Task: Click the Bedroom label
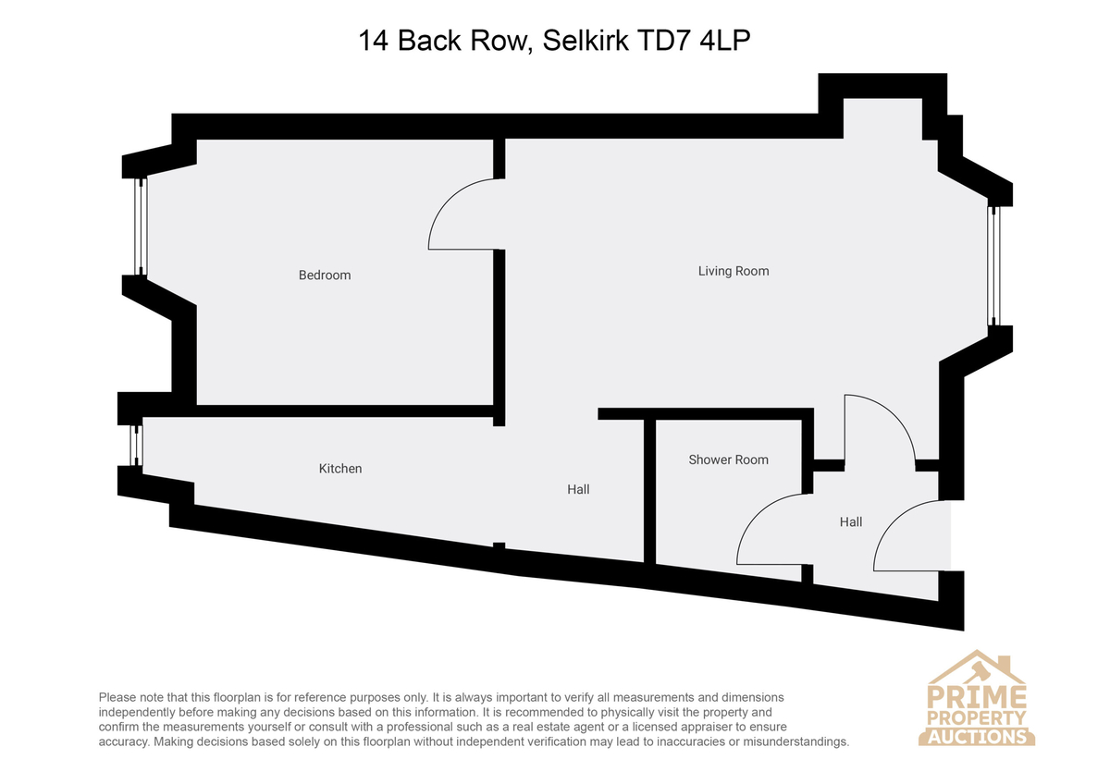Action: (x=325, y=275)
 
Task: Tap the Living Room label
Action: (x=734, y=271)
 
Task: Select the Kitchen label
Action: (x=340, y=469)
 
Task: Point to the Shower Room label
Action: (x=729, y=459)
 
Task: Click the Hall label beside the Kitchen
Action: (x=578, y=489)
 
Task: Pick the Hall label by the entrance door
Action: (x=851, y=521)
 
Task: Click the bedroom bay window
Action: (x=142, y=226)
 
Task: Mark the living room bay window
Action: (x=993, y=266)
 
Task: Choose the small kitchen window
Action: (x=137, y=446)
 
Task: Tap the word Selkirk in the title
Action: (x=585, y=41)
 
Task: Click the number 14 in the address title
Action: (x=373, y=41)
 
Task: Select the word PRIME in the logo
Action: (x=976, y=696)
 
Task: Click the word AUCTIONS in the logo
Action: (x=977, y=737)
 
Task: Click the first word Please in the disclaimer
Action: (x=117, y=698)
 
